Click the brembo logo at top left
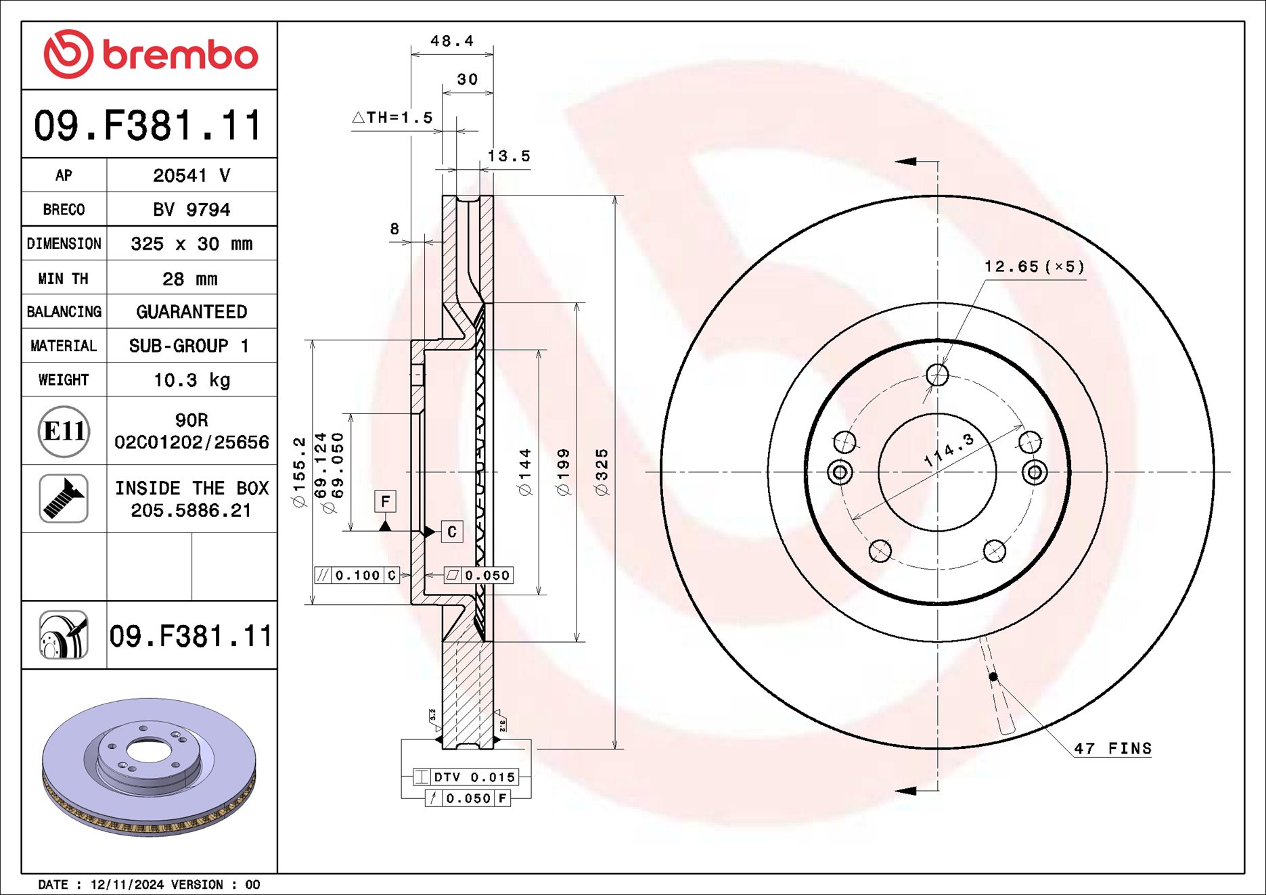150,54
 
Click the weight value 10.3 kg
191,380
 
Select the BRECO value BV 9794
191,210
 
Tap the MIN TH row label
64,279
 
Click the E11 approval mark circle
64,431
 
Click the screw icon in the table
64,499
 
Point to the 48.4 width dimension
452,41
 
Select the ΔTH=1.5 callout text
393,118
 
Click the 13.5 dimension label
509,156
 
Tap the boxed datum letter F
385,501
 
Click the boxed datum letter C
452,532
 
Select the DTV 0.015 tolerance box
466,777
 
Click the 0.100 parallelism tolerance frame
357,576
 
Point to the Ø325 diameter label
602,472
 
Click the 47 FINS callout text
1112,749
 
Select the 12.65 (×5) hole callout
1034,267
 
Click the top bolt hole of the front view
937,374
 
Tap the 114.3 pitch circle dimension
949,450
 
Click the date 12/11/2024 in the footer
127,885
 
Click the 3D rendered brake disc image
149,768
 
